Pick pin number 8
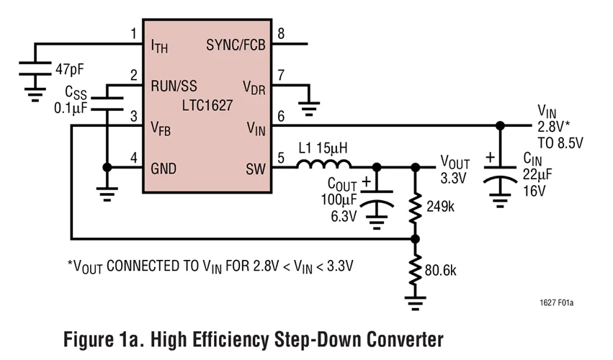(x=281, y=33)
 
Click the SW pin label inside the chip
(x=254, y=170)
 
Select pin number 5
(x=281, y=158)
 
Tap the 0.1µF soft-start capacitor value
(x=70, y=109)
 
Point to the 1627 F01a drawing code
(x=556, y=303)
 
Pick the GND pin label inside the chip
(x=164, y=170)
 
